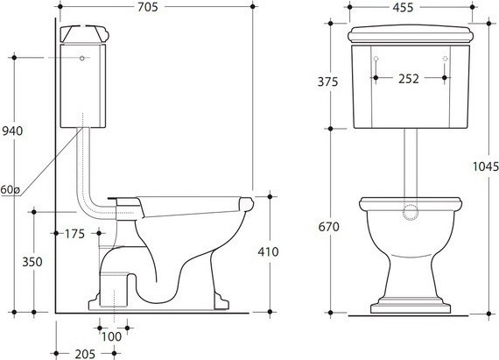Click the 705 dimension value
[x=148, y=7]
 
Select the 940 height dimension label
[x=12, y=131]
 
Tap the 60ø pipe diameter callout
[x=10, y=190]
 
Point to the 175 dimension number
[x=74, y=234]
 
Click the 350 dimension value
[x=32, y=262]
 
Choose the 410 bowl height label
[x=268, y=251]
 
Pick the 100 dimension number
[x=112, y=336]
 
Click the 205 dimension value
[x=85, y=354]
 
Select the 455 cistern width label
[x=403, y=7]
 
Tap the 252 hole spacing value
[x=409, y=79]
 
